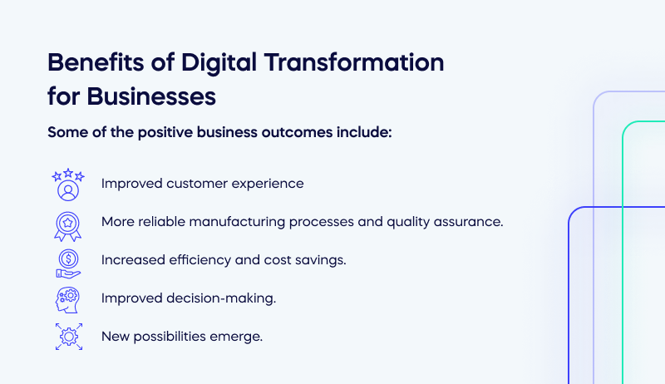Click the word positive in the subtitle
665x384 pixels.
160,132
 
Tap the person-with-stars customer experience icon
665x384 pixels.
68,185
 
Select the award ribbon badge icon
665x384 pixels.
68,223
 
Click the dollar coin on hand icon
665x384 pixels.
68,261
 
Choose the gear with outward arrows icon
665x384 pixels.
68,337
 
